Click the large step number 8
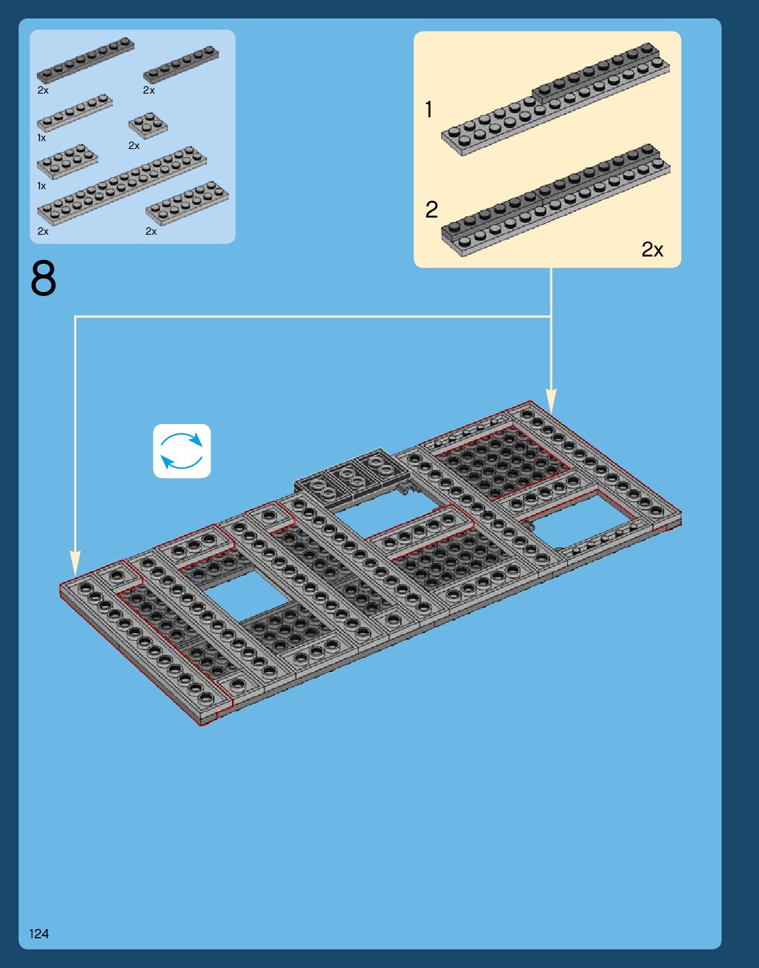44,278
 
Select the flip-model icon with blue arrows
182,451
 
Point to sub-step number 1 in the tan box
429,109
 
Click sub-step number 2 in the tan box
432,210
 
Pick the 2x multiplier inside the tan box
652,249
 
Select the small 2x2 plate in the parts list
148,126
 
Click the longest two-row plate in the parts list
121,185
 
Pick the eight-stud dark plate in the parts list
86,60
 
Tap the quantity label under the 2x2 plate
134,146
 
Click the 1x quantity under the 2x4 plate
42,186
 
